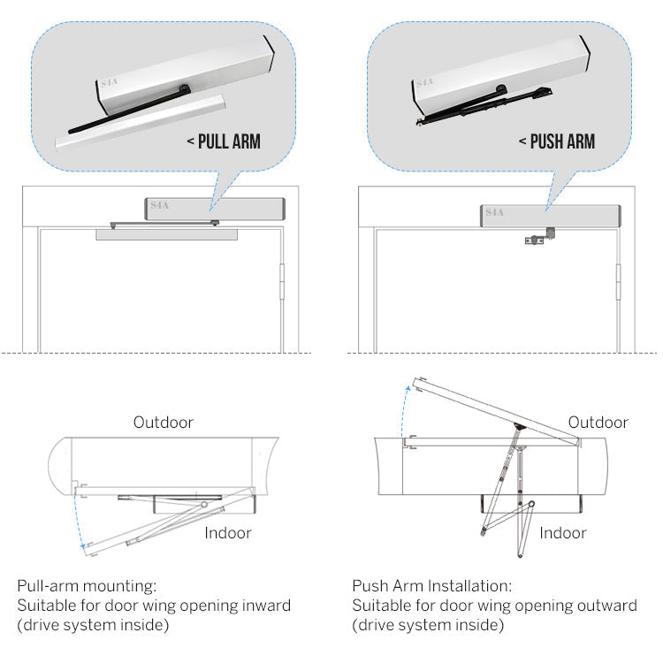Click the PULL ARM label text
point(229,141)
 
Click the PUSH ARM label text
point(562,141)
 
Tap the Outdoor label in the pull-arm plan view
point(164,423)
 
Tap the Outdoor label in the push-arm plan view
point(598,423)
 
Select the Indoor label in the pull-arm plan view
point(228,533)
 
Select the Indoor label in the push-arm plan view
point(563,533)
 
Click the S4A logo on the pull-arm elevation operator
point(159,205)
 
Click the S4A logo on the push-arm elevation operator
point(494,212)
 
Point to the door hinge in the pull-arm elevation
point(282,281)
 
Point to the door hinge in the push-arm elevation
point(618,281)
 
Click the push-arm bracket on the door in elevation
point(540,237)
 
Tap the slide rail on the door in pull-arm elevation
point(166,234)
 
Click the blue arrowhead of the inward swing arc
point(83,546)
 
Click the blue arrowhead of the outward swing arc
point(408,388)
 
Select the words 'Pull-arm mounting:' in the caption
point(87,586)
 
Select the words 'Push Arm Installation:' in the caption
point(431,586)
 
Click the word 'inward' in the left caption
point(265,606)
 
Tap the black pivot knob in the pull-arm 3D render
point(185,88)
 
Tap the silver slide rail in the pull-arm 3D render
point(140,122)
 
